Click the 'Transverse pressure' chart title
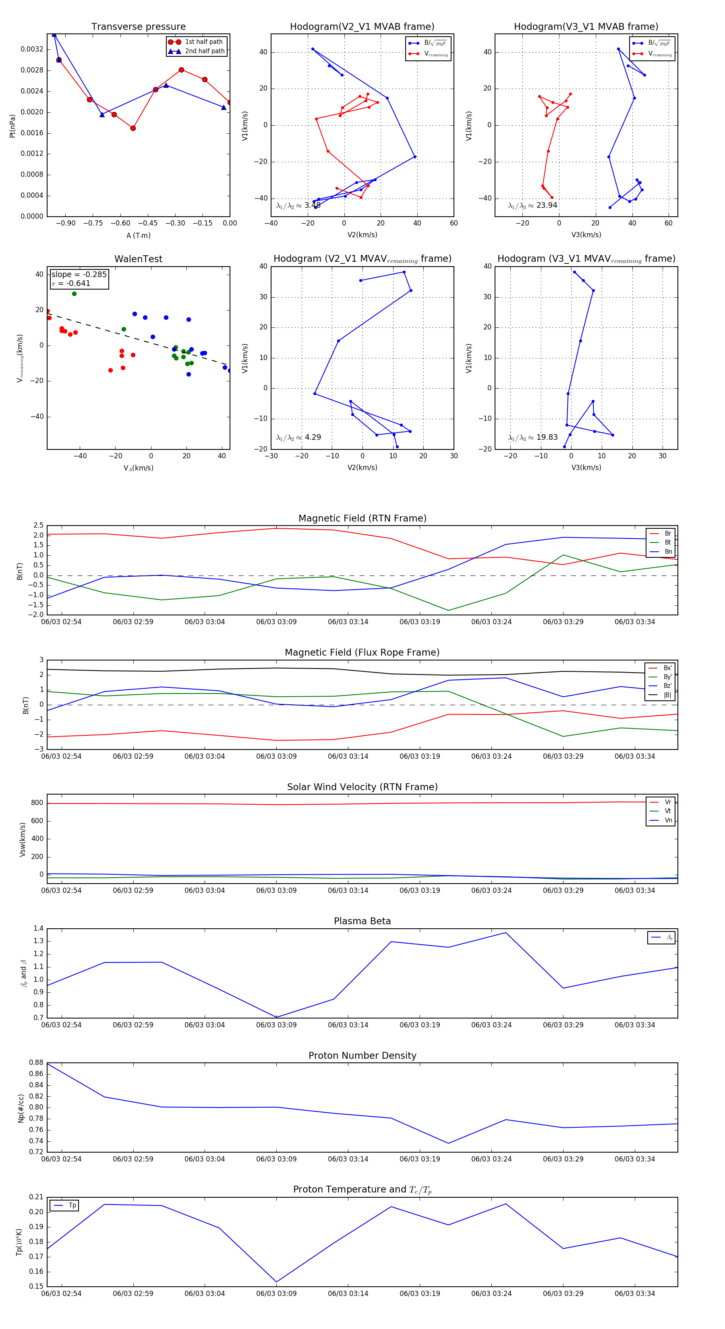click(x=138, y=27)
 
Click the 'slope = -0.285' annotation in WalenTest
click(x=79, y=275)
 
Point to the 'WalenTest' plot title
click(x=138, y=259)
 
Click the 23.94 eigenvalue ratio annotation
click(x=532, y=205)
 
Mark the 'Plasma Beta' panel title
click(x=362, y=921)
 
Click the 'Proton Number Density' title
click(x=362, y=1056)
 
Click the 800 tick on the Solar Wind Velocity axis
click(x=37, y=803)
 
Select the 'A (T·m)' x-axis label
click(x=138, y=236)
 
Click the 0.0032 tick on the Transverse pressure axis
click(x=31, y=50)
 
